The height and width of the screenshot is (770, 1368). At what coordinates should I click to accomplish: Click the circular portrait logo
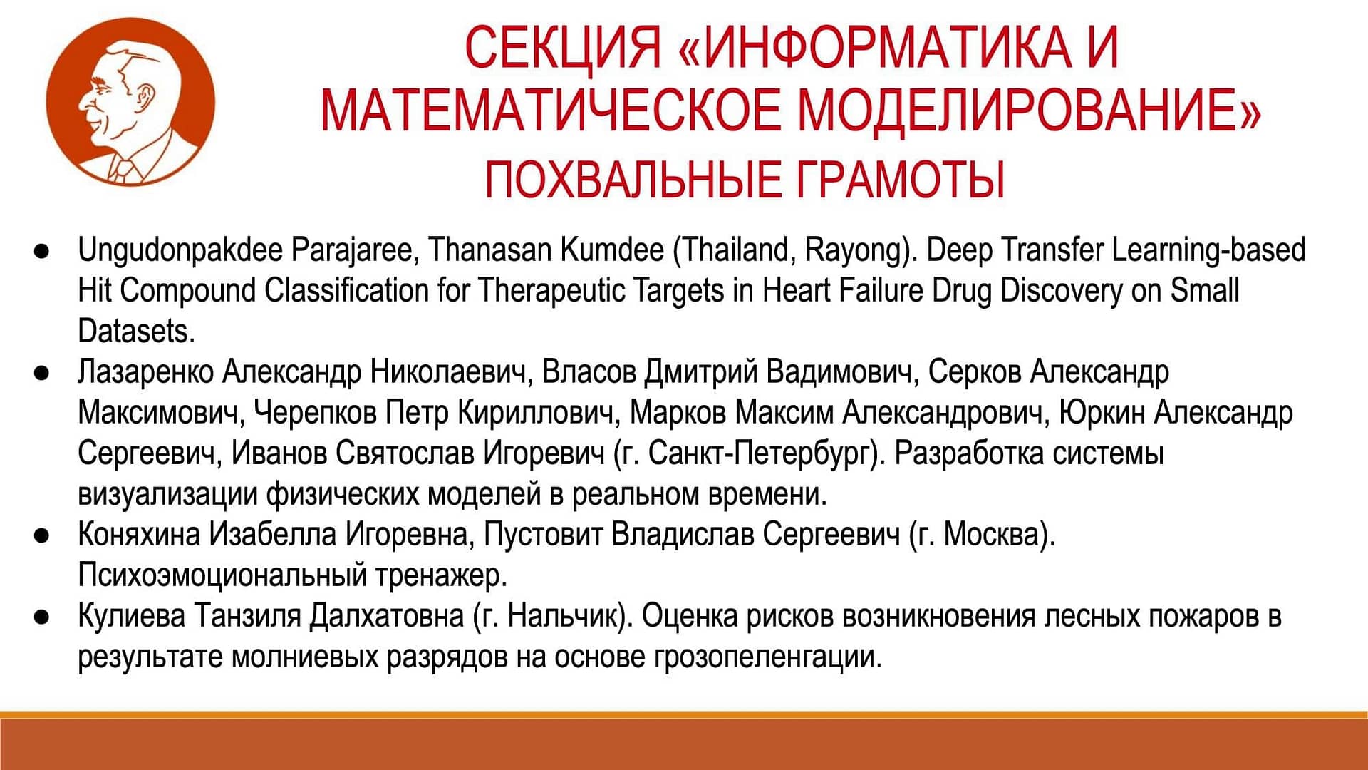(130, 102)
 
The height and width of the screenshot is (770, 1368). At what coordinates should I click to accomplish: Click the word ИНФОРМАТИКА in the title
(881, 47)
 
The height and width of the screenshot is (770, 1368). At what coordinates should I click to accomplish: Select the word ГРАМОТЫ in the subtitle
(900, 179)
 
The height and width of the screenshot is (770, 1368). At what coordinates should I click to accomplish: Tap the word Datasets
(136, 331)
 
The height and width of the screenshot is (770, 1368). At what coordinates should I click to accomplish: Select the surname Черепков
(316, 413)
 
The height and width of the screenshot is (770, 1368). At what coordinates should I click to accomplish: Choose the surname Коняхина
(139, 534)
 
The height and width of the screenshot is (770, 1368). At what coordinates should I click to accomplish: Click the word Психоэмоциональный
(222, 575)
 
